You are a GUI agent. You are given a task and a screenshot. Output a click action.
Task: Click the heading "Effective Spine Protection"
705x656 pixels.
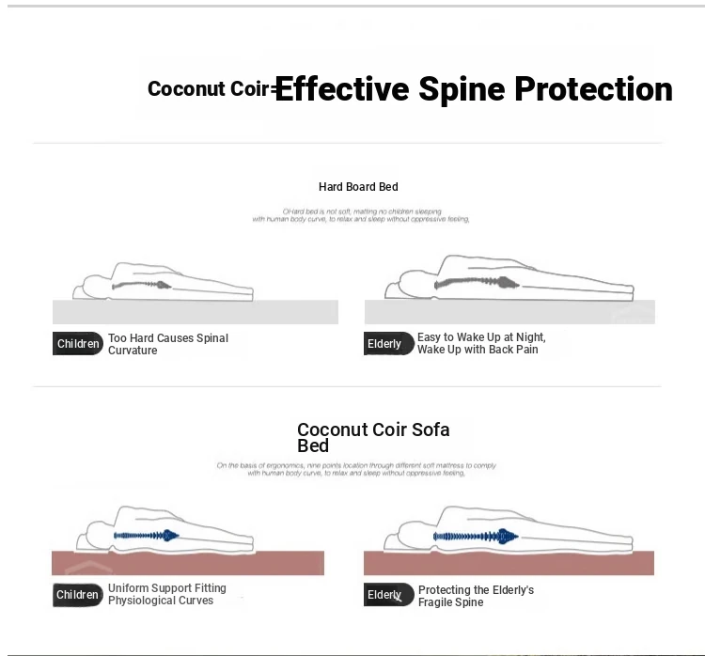473,89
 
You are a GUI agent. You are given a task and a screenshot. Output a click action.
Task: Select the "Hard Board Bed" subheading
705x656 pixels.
358,187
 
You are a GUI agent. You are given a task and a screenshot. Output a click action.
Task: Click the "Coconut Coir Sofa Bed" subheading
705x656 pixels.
373,437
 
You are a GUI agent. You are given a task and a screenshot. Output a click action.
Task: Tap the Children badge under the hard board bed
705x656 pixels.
78,344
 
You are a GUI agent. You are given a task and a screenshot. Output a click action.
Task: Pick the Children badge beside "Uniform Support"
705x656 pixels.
78,595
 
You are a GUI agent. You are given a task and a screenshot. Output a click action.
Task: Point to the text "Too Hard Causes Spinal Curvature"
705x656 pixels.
168,344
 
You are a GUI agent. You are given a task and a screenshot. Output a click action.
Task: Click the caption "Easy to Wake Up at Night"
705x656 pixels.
481,337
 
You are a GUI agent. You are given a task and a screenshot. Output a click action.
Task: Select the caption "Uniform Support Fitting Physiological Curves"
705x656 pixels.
167,595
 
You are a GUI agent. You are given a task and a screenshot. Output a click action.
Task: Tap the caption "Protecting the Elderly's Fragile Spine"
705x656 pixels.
476,596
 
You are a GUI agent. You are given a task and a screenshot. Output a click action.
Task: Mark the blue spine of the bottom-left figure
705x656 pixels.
146,536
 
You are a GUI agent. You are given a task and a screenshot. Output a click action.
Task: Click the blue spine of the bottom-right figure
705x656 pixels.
475,537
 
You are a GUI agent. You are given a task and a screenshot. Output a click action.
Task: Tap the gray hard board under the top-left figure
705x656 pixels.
195,312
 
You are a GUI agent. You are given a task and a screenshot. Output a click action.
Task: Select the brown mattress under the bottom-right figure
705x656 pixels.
508,563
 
